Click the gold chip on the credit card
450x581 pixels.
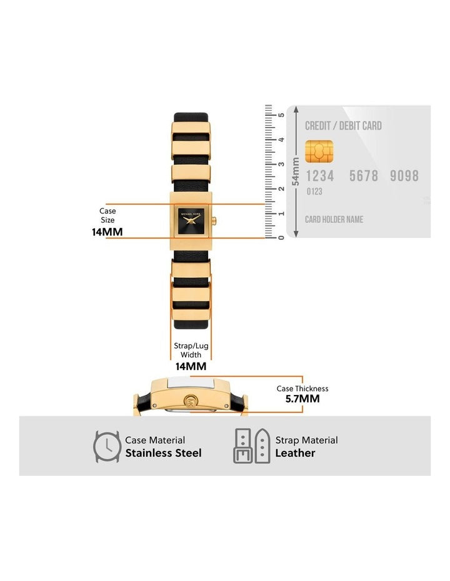point(319,150)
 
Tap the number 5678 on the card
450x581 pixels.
point(364,176)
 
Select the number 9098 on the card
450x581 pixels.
point(404,176)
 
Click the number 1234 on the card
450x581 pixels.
point(319,176)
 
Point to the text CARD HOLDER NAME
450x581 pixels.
point(334,219)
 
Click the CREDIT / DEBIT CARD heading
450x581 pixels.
point(343,126)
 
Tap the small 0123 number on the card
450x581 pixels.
point(314,192)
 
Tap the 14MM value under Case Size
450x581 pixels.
point(107,232)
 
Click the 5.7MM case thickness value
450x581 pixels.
point(302,398)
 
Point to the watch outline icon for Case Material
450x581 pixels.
point(107,446)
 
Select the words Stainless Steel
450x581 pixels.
point(163,453)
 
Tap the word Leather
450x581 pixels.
point(295,453)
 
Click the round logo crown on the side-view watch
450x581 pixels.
point(191,401)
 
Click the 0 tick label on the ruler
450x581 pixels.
point(281,237)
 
